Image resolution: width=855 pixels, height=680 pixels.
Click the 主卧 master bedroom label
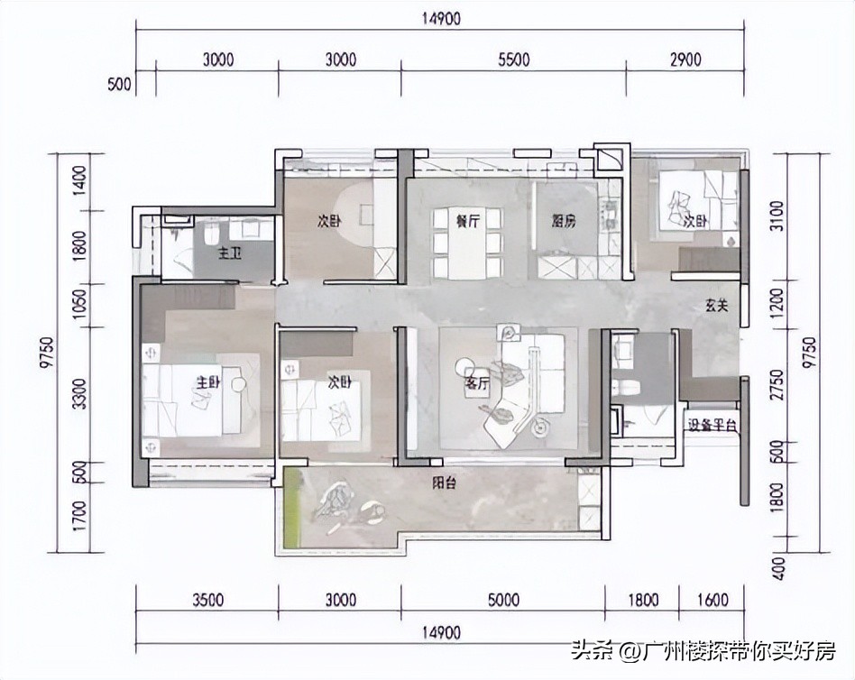(x=207, y=382)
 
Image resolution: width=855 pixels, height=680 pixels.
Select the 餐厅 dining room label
(x=468, y=221)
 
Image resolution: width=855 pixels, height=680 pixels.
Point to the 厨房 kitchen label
(x=564, y=221)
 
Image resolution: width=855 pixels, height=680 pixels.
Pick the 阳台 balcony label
(x=445, y=483)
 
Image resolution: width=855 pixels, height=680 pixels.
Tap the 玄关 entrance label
(x=717, y=306)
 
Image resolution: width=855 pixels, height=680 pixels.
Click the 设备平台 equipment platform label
(x=712, y=425)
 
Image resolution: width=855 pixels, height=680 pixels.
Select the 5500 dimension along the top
(x=514, y=59)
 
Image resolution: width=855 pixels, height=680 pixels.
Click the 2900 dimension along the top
(x=685, y=59)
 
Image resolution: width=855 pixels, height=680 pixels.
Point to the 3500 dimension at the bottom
(x=207, y=600)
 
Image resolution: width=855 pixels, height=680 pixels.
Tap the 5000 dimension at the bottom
(x=503, y=600)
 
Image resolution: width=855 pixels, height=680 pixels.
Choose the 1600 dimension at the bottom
(x=712, y=600)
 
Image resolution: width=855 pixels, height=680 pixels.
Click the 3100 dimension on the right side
(x=777, y=216)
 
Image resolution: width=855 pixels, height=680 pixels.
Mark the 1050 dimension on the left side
(x=79, y=305)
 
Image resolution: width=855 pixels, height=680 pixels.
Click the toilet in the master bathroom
(x=210, y=234)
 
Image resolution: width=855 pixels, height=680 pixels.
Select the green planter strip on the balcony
(x=293, y=508)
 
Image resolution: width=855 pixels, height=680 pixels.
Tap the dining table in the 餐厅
(x=467, y=243)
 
